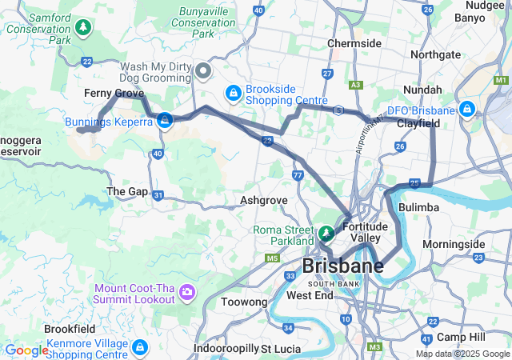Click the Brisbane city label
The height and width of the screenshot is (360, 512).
pyautogui.click(x=342, y=266)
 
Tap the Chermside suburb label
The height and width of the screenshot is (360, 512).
pyautogui.click(x=354, y=42)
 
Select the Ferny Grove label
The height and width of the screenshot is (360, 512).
pyautogui.click(x=114, y=94)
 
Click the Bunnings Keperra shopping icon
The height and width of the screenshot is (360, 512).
pyautogui.click(x=165, y=121)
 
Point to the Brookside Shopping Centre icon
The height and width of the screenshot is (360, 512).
pyautogui.click(x=232, y=94)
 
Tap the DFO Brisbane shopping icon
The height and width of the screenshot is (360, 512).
pyautogui.click(x=467, y=110)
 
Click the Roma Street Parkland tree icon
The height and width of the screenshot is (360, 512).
pyautogui.click(x=326, y=234)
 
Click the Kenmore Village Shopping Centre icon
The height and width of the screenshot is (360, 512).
pyautogui.click(x=140, y=348)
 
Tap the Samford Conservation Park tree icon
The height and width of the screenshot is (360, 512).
pyautogui.click(x=83, y=29)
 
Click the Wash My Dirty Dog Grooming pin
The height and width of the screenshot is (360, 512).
pyautogui.click(x=203, y=72)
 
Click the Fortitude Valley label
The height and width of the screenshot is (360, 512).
pyautogui.click(x=366, y=232)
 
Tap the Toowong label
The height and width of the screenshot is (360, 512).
pyautogui.click(x=244, y=302)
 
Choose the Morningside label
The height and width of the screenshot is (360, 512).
pyautogui.click(x=454, y=244)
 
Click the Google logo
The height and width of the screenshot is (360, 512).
pyautogui.click(x=26, y=350)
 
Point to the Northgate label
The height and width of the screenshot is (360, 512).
pyautogui.click(x=435, y=54)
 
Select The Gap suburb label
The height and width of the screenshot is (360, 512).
pyautogui.click(x=127, y=192)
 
